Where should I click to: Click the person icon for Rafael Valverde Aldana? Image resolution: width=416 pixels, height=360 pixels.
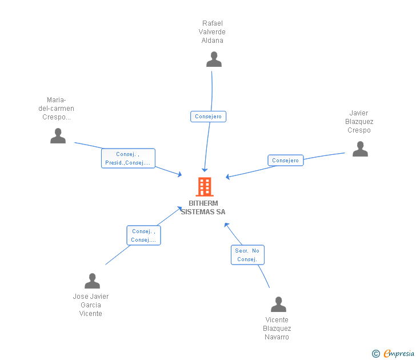click(x=214, y=59)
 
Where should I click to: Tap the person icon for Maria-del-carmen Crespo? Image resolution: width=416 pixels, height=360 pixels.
click(x=58, y=136)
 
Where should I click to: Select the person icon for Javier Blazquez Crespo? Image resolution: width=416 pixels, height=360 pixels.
click(x=360, y=149)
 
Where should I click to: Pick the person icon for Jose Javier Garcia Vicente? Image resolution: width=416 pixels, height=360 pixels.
click(x=92, y=281)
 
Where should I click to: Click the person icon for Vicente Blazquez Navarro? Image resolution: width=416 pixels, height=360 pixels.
click(x=278, y=305)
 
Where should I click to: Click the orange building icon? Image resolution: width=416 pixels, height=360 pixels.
click(x=204, y=187)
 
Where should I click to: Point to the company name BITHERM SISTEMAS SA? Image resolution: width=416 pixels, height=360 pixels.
click(x=203, y=207)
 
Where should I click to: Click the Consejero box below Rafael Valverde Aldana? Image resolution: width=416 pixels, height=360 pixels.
click(x=209, y=117)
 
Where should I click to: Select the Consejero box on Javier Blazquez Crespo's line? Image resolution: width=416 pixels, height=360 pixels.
click(x=286, y=161)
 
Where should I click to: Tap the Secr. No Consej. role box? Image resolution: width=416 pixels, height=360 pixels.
click(x=247, y=255)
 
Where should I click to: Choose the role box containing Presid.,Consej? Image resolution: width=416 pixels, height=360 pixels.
click(x=128, y=158)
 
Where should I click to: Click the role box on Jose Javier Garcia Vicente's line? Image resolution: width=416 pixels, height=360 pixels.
click(x=143, y=235)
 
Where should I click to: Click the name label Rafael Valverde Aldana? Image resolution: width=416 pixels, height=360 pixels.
click(x=213, y=32)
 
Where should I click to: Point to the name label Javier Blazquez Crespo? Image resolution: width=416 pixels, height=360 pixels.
click(x=359, y=122)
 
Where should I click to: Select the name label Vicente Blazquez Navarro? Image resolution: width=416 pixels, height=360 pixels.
click(x=277, y=329)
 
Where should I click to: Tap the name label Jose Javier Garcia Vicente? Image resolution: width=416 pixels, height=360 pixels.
click(x=91, y=305)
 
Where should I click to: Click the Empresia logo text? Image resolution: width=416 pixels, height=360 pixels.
click(x=398, y=354)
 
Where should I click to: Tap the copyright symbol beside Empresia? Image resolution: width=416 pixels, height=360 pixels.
click(x=376, y=354)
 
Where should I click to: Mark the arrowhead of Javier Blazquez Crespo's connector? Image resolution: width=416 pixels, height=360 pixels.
click(x=228, y=177)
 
